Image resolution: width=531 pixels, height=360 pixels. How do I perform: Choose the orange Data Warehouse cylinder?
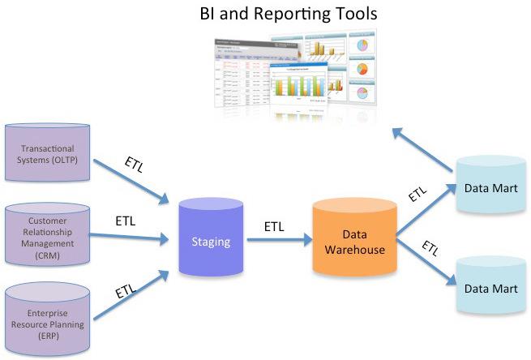(354, 241)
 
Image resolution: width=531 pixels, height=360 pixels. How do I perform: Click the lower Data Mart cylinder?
(486, 287)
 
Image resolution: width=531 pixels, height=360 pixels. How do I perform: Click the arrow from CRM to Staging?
(131, 238)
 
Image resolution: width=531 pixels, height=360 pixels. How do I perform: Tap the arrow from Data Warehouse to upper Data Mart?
(423, 211)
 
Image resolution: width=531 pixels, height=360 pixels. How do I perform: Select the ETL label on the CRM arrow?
(126, 220)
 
